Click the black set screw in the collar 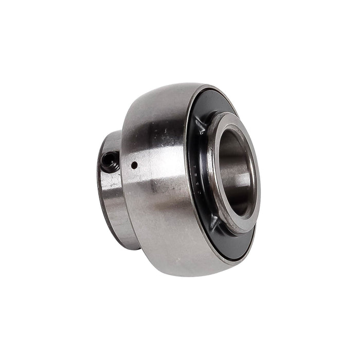110,164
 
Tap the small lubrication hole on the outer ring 134,166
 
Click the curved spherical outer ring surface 154,206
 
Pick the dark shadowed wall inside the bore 226,165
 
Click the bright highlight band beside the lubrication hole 149,170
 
